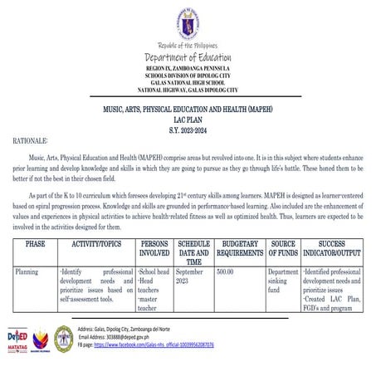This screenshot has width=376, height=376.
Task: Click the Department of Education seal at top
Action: tap(188, 23)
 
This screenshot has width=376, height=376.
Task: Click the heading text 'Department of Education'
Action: tap(188, 57)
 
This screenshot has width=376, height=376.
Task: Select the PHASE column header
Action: tap(36, 247)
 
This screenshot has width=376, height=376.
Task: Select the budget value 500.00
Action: tap(225, 271)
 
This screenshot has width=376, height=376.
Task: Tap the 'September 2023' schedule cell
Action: tap(189, 276)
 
